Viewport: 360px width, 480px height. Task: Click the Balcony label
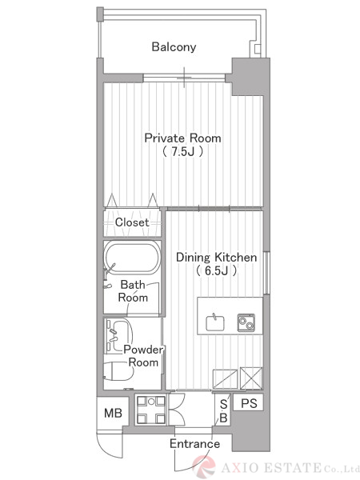pos(174,47)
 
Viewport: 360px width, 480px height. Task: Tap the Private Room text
pos(182,138)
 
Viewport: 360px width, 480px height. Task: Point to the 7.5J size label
pos(182,151)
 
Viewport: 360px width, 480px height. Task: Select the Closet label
pos(132,222)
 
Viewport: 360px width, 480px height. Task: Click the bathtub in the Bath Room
pos(132,257)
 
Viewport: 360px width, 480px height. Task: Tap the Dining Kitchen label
pos(217,257)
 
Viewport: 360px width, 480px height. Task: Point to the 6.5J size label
pos(217,270)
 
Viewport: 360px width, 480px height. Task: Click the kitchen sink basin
pos(215,322)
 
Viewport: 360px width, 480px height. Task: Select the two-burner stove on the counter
pos(246,322)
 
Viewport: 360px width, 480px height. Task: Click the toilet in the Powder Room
pos(118,370)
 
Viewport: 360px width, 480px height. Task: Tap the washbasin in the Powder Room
pos(118,335)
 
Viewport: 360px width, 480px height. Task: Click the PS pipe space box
pos(248,403)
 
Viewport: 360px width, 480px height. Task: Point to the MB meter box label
pos(113,414)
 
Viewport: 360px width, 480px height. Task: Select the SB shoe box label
pos(224,411)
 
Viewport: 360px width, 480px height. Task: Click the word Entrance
pos(194,444)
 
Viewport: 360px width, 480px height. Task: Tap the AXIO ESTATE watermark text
pos(290,468)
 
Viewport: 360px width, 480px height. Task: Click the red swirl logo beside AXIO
pos(204,466)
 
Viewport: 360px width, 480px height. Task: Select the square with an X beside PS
pos(251,378)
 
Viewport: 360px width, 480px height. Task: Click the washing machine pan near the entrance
pos(151,410)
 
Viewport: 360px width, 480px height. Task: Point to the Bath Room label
pos(133,291)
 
